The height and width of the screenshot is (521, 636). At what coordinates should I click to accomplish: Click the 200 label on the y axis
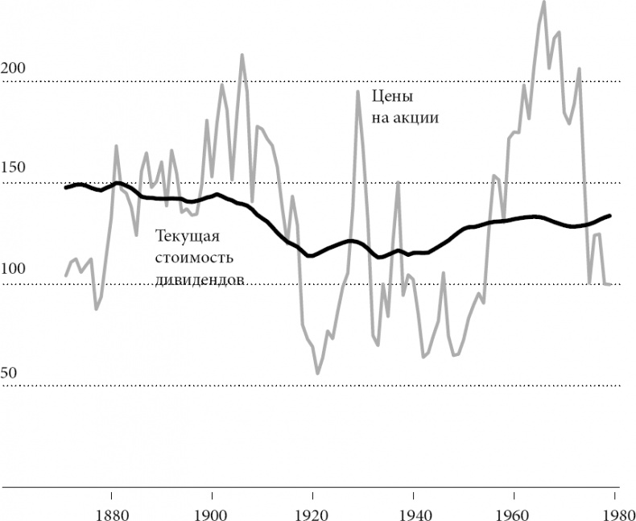[x=14, y=68]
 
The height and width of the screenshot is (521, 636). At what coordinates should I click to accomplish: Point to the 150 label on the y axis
[x=14, y=167]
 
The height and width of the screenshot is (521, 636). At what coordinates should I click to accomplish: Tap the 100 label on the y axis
[x=14, y=269]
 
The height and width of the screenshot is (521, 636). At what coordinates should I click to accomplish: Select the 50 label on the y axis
[x=10, y=373]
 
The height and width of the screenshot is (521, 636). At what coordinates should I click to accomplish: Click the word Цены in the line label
[x=392, y=97]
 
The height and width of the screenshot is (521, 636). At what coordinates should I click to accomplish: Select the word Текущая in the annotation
[x=187, y=237]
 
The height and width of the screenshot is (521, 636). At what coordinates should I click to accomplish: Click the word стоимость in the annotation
[x=194, y=258]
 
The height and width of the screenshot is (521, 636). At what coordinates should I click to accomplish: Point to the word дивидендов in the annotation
[x=200, y=279]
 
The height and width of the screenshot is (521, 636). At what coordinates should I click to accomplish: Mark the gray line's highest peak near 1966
[x=543, y=2]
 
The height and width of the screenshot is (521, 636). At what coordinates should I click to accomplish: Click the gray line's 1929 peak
[x=358, y=91]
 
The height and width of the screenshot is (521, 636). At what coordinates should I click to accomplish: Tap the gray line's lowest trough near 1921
[x=318, y=374]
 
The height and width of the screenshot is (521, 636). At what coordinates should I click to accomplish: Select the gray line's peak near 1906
[x=242, y=55]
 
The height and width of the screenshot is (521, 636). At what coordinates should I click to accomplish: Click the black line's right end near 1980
[x=610, y=215]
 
